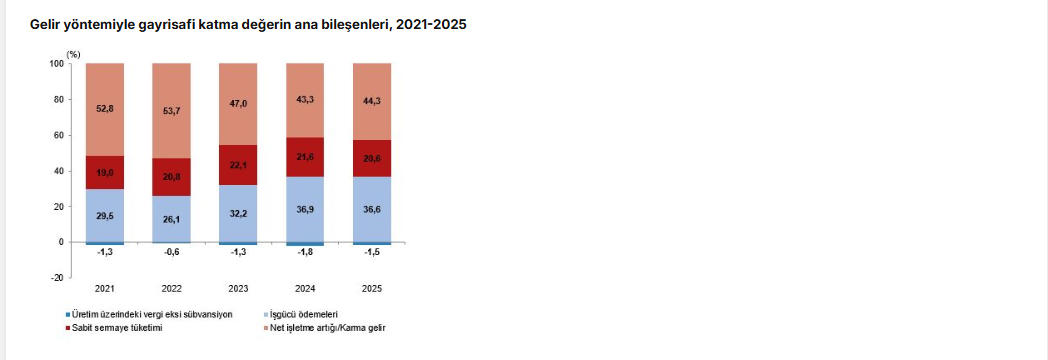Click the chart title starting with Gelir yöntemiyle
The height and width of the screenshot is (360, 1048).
[x=248, y=25]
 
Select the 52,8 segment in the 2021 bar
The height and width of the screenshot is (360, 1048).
[x=105, y=110]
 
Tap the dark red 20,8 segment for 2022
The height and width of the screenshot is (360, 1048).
[x=172, y=177]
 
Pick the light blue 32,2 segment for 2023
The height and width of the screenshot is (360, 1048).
[x=239, y=214]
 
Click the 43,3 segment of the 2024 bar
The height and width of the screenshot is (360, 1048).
[x=305, y=100]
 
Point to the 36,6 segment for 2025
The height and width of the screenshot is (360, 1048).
[x=372, y=210]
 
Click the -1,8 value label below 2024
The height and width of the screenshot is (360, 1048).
[x=305, y=252]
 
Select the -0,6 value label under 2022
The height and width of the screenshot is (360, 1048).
[x=172, y=252]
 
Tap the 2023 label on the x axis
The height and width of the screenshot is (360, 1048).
[x=239, y=289]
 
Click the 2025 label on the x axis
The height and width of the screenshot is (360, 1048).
[x=372, y=289]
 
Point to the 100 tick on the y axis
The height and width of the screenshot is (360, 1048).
[x=57, y=63]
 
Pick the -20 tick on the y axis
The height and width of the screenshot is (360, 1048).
[x=57, y=278]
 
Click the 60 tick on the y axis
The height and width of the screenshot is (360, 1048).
[x=59, y=135]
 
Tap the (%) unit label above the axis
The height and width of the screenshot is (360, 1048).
[x=74, y=54]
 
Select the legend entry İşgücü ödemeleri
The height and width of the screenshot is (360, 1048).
[x=302, y=314]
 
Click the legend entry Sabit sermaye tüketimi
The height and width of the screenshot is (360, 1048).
[x=113, y=328]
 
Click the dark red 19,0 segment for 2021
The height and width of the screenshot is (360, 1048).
[x=105, y=172]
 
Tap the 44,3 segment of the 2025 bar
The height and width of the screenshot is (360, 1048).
[x=372, y=102]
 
